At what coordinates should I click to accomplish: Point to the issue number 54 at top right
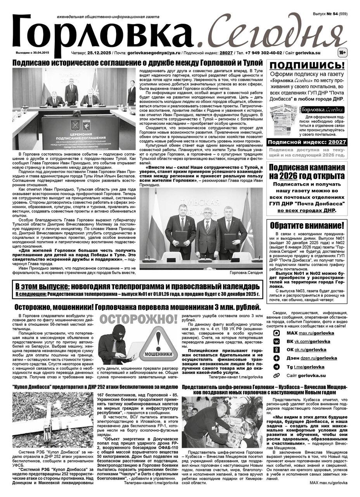click(335, 14)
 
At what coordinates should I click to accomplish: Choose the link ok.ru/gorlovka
click(312, 350)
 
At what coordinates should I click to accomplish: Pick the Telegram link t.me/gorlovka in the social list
click(310, 367)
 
